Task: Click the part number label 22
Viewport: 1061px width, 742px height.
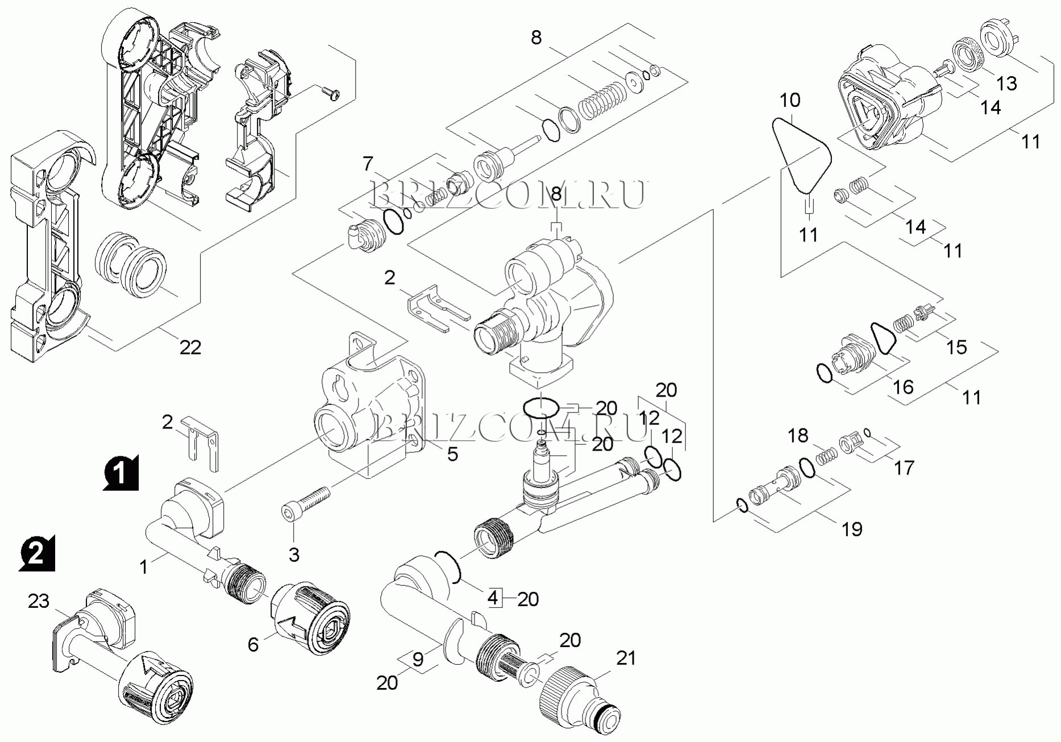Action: click(x=190, y=347)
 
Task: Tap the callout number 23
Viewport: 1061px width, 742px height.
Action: click(x=39, y=601)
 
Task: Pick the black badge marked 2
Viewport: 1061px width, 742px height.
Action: click(x=37, y=552)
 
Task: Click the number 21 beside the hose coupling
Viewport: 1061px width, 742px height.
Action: click(x=626, y=658)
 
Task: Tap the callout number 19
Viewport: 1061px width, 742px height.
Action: click(x=852, y=529)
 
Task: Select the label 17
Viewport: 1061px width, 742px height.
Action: click(x=904, y=468)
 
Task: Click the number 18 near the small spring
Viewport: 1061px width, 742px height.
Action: click(x=798, y=436)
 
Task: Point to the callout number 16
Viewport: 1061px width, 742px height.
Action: click(x=903, y=387)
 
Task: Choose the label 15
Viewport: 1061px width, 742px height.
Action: click(x=956, y=347)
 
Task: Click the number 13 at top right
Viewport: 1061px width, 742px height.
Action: click(x=1006, y=84)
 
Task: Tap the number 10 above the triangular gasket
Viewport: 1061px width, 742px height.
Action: click(x=790, y=100)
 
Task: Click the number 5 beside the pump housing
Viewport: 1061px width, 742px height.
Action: click(x=452, y=454)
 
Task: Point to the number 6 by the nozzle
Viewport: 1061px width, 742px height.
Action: click(x=253, y=644)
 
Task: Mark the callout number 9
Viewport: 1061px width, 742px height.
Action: click(x=418, y=660)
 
